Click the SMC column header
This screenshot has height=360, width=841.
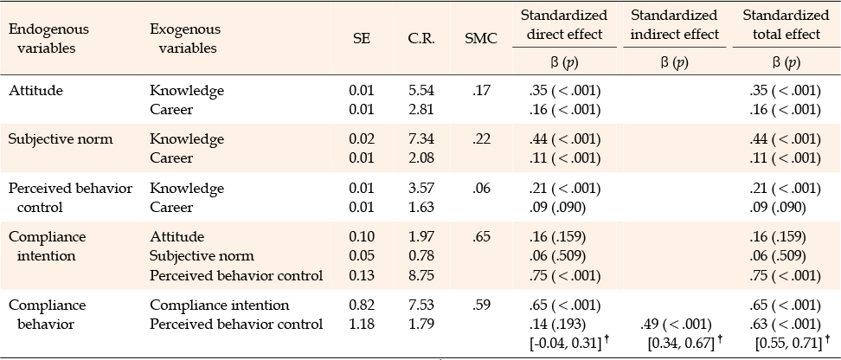(x=481, y=39)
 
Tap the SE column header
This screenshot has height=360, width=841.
(x=362, y=39)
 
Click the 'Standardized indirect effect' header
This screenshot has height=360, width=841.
(x=674, y=25)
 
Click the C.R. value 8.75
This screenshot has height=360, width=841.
(x=420, y=276)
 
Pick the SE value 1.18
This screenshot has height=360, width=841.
(x=362, y=324)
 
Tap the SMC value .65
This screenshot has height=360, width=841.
(x=482, y=236)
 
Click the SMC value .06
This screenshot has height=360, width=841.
(x=482, y=189)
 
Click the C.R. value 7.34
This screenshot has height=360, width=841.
(x=420, y=139)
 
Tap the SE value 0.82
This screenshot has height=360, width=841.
(x=362, y=305)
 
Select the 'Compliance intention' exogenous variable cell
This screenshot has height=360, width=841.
(x=220, y=305)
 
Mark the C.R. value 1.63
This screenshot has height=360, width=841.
(x=420, y=207)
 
